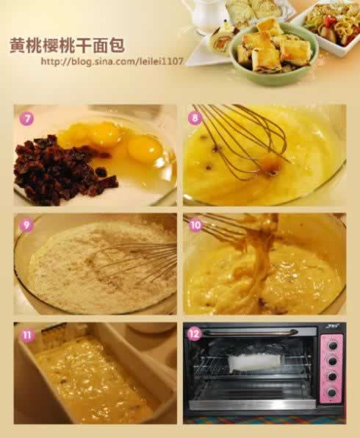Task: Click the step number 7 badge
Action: pos(26,119)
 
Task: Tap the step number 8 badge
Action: pos(195,118)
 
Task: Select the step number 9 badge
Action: pos(26,225)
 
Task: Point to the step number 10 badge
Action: pos(195,225)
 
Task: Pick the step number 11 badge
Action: pos(27,334)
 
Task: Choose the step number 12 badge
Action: pos(195,334)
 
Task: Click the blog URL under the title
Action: pos(112,61)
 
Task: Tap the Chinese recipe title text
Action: pos(67,45)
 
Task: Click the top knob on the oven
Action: pos(332,345)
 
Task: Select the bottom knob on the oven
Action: pos(331,392)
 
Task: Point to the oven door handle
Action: pos(250,332)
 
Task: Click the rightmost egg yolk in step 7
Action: pos(145,148)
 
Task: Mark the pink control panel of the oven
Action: pos(331,369)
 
